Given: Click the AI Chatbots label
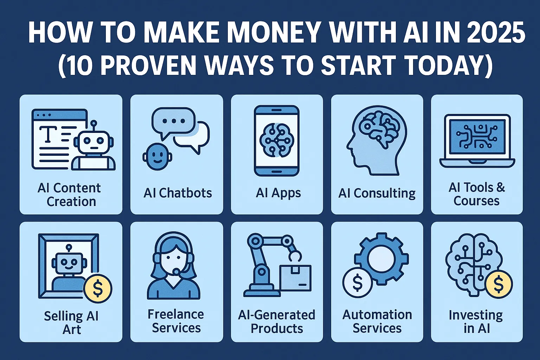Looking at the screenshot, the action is (178, 193).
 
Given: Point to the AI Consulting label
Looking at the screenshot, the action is (377, 193).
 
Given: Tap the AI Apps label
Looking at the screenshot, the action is (278, 193).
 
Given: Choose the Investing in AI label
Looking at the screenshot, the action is (476, 322).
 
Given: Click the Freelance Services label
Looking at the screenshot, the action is (176, 321).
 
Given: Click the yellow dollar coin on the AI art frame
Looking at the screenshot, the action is (98, 289).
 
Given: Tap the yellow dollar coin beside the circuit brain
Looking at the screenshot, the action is (498, 284).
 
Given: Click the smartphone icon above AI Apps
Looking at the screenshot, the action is (277, 141).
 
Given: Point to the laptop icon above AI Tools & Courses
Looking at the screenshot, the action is (477, 141).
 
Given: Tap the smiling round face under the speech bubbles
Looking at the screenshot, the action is (157, 157).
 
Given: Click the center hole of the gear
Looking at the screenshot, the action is (381, 260).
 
